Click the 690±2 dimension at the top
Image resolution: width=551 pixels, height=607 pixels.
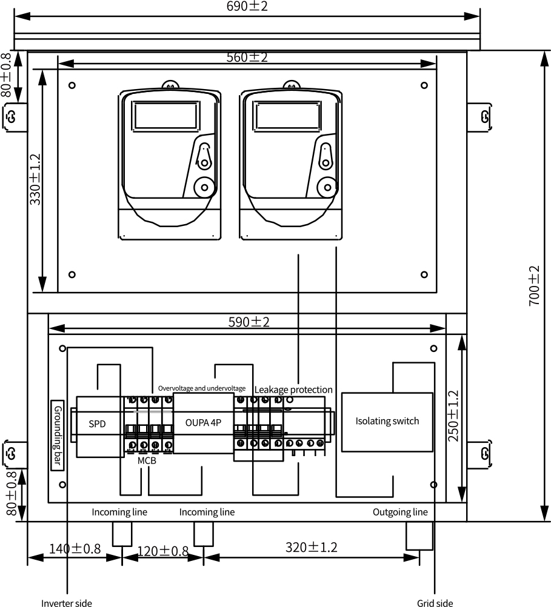[x=247, y=6]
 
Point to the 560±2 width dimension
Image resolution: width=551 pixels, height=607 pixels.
[x=247, y=58]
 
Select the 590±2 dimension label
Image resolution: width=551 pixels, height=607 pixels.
[x=249, y=322]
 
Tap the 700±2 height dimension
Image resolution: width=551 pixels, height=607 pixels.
[x=535, y=286]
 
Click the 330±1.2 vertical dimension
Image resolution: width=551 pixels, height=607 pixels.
[x=35, y=179]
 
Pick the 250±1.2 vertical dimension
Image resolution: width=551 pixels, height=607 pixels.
[x=453, y=416]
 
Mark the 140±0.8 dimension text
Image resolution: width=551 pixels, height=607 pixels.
[x=75, y=549]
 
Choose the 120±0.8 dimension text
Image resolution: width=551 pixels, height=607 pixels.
[x=162, y=551]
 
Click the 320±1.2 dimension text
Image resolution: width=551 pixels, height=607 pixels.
[x=312, y=547]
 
